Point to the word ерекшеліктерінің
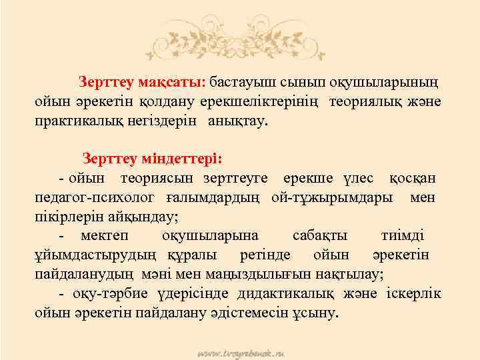tap(273, 103)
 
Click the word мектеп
tap(106, 236)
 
